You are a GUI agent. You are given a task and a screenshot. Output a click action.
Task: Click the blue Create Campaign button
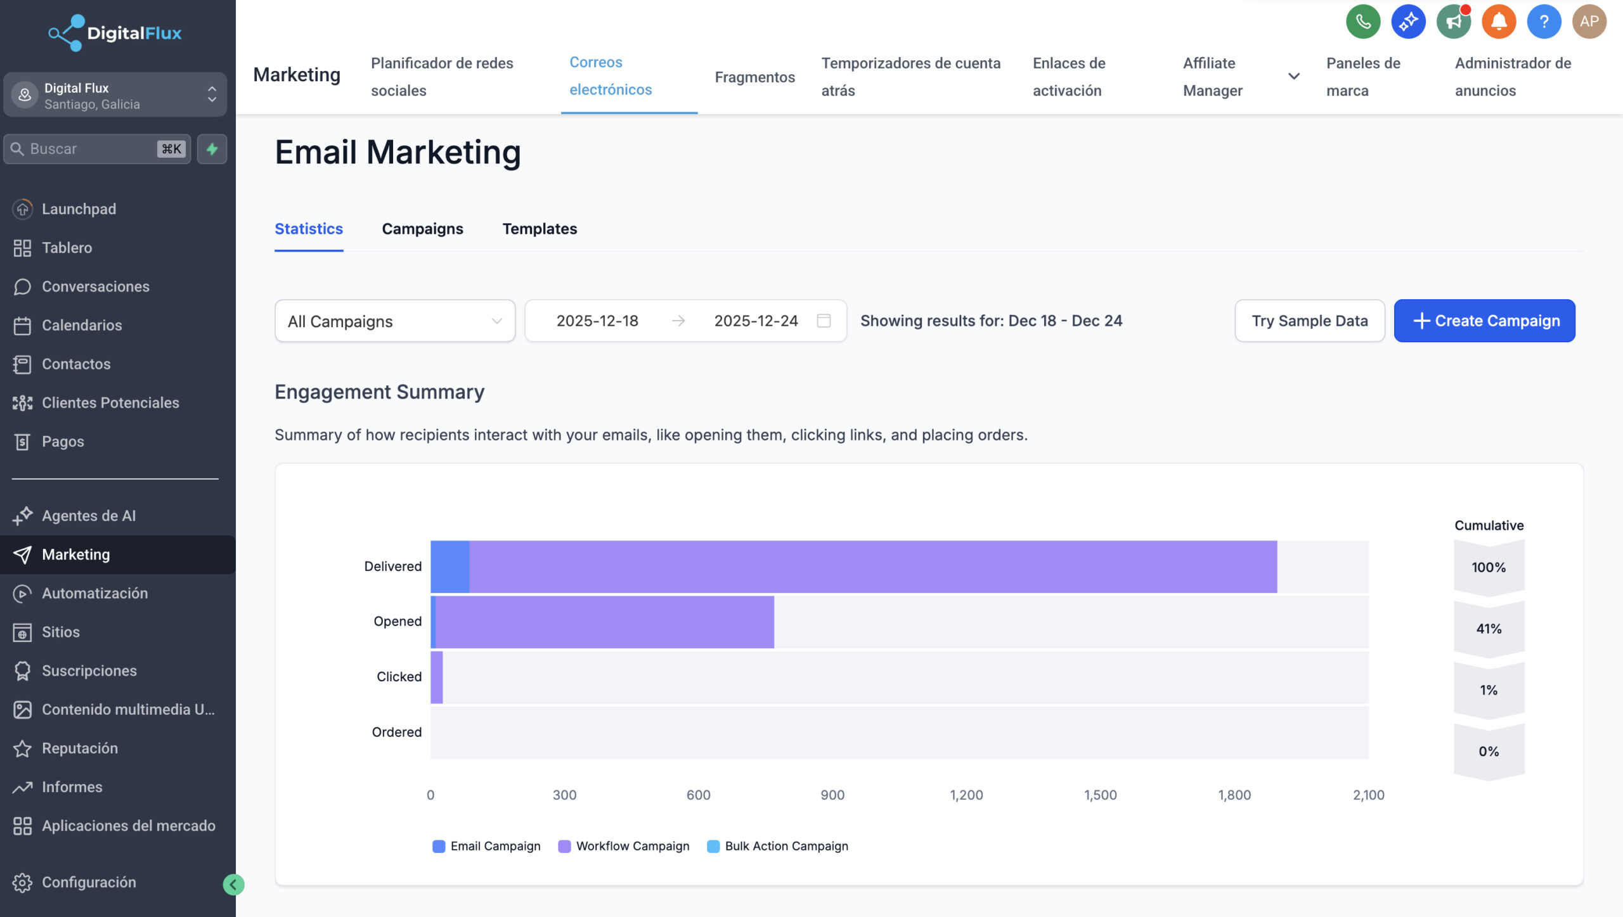pyautogui.click(x=1484, y=321)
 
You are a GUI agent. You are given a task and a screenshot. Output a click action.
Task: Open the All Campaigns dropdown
pyautogui.click(x=394, y=321)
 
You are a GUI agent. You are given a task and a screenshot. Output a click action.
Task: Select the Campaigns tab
pyautogui.click(x=422, y=229)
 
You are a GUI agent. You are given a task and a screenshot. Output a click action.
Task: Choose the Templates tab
pyautogui.click(x=540, y=229)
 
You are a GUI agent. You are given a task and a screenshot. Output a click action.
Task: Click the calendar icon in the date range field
pyautogui.click(x=824, y=321)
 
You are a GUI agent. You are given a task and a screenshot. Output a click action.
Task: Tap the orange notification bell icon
pyautogui.click(x=1498, y=22)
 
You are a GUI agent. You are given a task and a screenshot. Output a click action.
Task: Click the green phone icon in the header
pyautogui.click(x=1362, y=22)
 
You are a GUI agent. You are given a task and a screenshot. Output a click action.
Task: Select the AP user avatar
pyautogui.click(x=1589, y=22)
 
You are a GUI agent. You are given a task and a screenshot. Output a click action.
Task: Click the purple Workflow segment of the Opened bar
pyautogui.click(x=604, y=622)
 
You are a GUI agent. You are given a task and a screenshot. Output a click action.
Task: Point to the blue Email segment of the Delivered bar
pyautogui.click(x=449, y=567)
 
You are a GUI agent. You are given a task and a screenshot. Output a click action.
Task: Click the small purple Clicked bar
pyautogui.click(x=437, y=677)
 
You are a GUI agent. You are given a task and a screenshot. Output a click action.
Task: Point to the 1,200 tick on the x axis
pyautogui.click(x=966, y=795)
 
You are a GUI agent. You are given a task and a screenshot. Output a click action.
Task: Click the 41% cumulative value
pyautogui.click(x=1489, y=629)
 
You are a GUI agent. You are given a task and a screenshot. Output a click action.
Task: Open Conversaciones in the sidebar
pyautogui.click(x=95, y=286)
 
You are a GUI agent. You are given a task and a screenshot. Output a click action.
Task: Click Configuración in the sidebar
pyautogui.click(x=89, y=882)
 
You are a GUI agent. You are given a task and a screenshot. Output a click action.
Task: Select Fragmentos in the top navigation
pyautogui.click(x=754, y=77)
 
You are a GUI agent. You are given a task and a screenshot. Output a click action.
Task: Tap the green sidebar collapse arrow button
pyautogui.click(x=233, y=884)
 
